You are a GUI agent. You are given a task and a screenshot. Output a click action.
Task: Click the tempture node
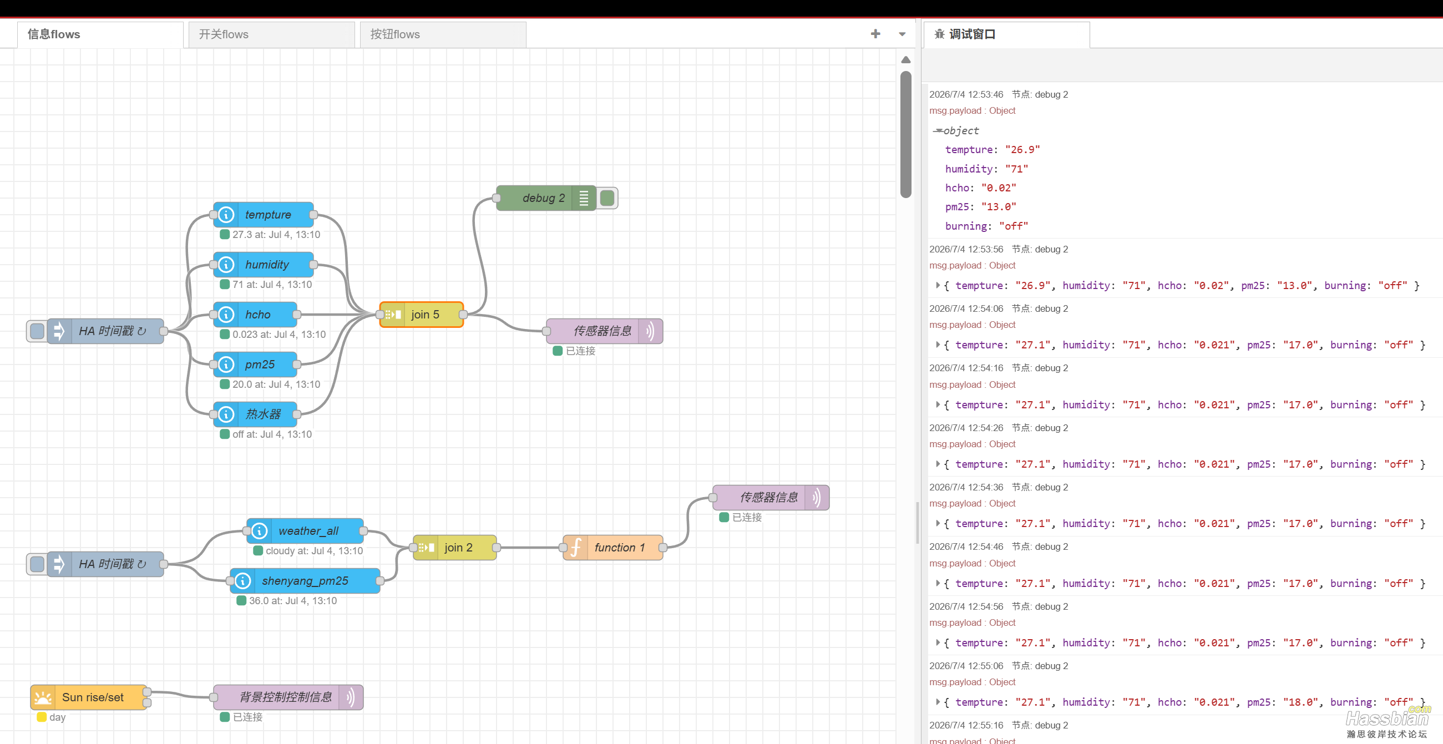264,215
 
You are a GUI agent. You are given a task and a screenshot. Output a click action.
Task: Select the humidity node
264,265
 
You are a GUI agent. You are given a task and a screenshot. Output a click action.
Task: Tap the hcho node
255,314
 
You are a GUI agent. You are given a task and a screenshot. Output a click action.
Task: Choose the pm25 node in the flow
255,364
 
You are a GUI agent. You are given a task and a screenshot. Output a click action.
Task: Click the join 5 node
422,314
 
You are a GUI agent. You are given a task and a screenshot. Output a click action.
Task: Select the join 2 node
455,548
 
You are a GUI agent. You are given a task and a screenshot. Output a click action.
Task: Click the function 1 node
613,548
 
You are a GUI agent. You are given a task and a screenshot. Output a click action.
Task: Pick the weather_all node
305,530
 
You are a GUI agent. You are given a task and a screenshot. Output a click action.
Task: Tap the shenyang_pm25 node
305,580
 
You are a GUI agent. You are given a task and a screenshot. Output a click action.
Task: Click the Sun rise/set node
89,697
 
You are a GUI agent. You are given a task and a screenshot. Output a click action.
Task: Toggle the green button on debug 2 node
607,198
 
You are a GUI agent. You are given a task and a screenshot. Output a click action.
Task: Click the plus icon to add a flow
875,34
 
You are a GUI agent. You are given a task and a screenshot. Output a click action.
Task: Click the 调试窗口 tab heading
972,34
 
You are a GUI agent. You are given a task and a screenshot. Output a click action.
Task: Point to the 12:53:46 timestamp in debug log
966,94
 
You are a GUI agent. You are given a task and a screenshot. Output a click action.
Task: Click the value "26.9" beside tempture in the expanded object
1022,150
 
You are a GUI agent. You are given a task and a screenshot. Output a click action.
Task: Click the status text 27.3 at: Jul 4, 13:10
276,235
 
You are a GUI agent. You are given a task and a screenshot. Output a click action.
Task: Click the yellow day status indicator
42,717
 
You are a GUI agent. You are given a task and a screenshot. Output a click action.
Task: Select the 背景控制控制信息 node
288,697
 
